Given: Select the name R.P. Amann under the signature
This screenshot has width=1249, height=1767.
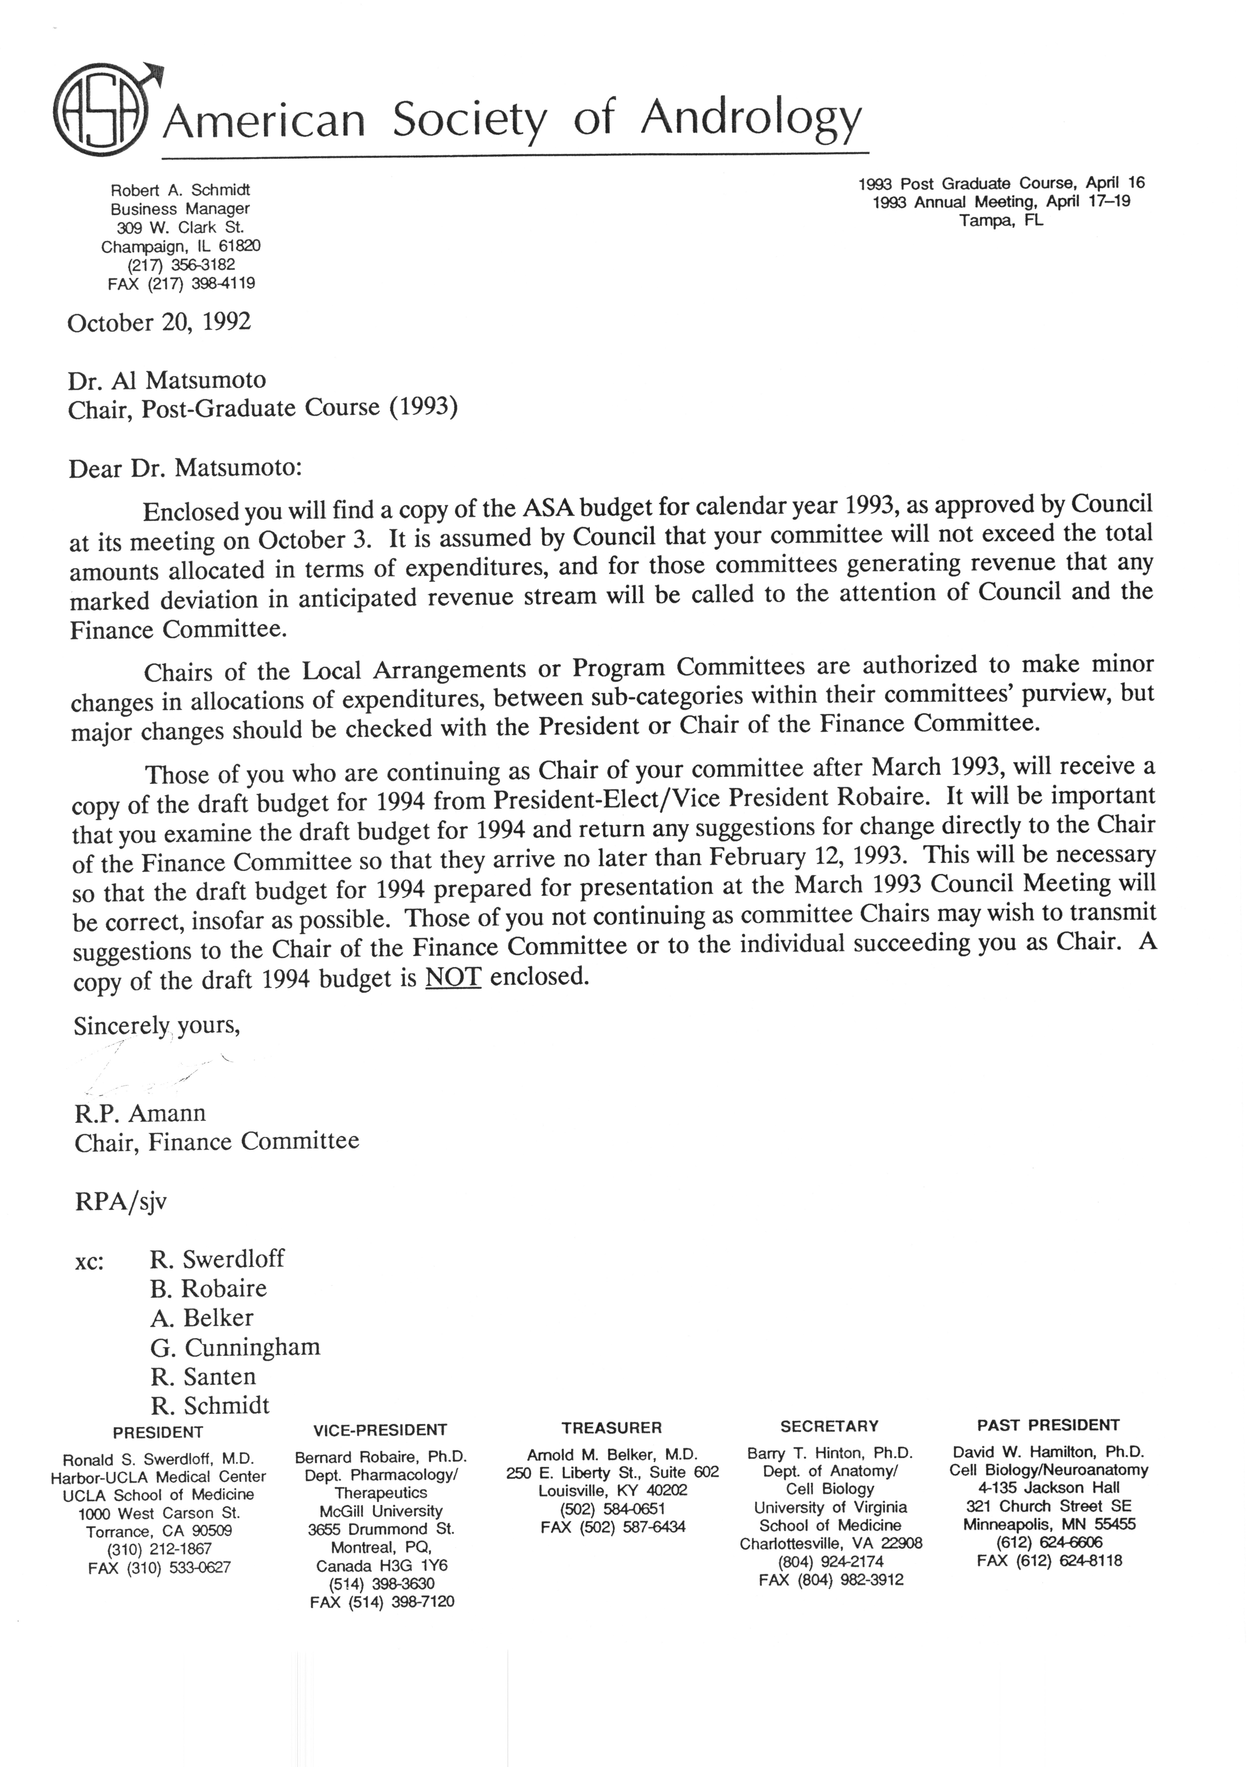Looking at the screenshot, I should pyautogui.click(x=140, y=1114).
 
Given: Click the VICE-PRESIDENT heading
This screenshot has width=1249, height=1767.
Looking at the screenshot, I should pyautogui.click(x=380, y=1430).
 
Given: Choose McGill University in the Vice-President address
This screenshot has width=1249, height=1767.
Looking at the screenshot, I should pyautogui.click(x=381, y=1511).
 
